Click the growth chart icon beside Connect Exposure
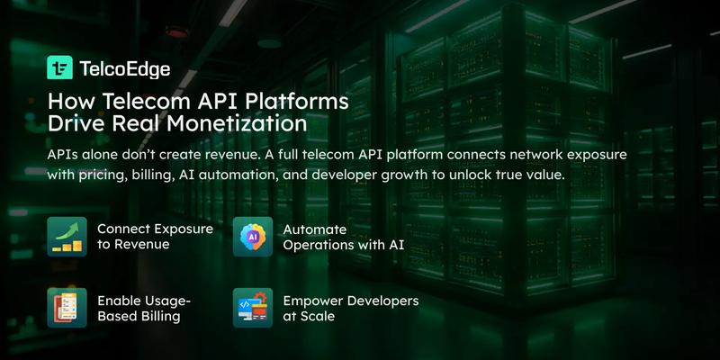pyautogui.click(x=67, y=237)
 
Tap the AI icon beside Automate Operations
pyautogui.click(x=252, y=237)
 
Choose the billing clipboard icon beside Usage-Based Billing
pyautogui.click(x=67, y=307)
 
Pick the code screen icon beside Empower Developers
pyautogui.click(x=252, y=307)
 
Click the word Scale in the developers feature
pyautogui.click(x=319, y=315)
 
